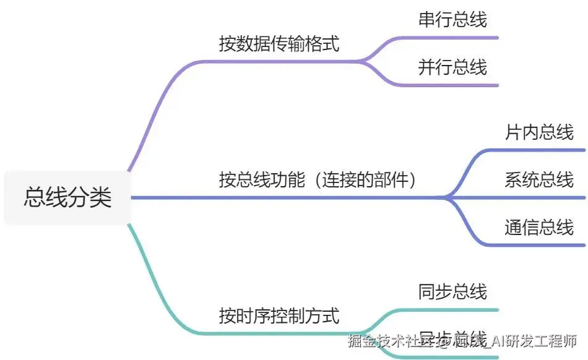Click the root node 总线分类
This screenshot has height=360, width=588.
(x=68, y=197)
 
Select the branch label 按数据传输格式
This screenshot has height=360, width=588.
(x=279, y=44)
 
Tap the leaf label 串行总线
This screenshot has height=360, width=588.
(x=452, y=19)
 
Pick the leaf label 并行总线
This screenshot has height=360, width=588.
(x=452, y=67)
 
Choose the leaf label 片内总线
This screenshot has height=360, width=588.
(x=539, y=132)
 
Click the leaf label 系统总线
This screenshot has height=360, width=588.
(x=539, y=180)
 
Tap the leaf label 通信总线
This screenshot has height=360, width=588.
(x=539, y=228)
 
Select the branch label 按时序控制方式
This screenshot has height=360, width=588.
(x=279, y=316)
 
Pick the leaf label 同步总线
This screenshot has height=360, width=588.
(x=452, y=291)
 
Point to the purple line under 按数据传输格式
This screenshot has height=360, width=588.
(x=279, y=61)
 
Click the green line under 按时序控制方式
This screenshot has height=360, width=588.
(x=279, y=333)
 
